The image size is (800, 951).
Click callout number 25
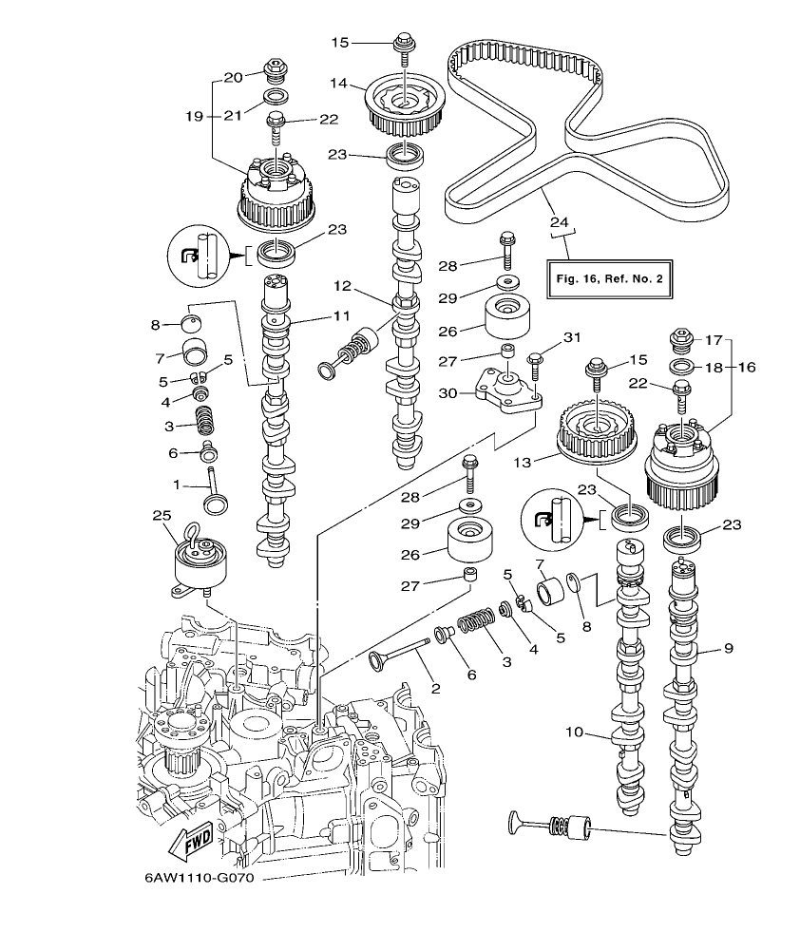click(162, 515)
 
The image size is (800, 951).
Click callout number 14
click(339, 84)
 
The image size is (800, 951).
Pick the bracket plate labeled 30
click(506, 390)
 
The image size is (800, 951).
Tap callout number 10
click(573, 733)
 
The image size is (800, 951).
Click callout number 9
click(728, 649)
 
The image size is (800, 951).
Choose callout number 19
click(194, 116)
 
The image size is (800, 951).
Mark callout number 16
click(746, 368)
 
